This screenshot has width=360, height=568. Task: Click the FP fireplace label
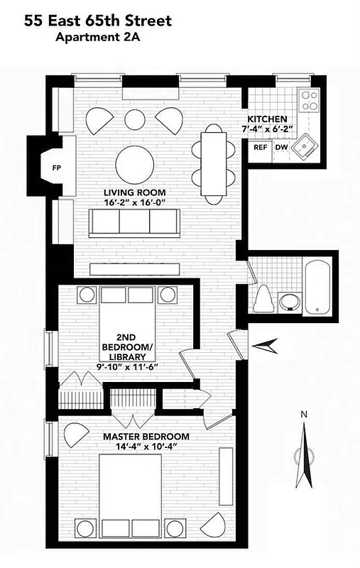(x=55, y=168)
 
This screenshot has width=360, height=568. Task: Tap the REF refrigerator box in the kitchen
(x=261, y=148)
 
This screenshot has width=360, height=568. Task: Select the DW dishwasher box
(x=281, y=148)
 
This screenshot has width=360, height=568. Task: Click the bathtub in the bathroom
(x=317, y=289)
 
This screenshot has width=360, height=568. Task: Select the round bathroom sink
(x=289, y=301)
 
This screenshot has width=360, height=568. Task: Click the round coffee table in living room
(x=134, y=164)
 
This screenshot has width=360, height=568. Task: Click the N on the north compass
(x=303, y=415)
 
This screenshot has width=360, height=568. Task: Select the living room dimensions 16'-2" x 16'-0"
(x=134, y=204)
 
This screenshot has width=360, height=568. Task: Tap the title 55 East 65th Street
(x=98, y=22)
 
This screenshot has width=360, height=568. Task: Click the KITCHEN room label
(x=267, y=119)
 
